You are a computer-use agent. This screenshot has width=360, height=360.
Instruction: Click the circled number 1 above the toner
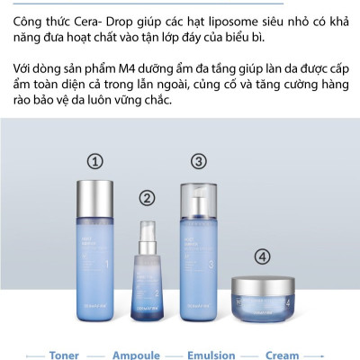[x=94, y=162]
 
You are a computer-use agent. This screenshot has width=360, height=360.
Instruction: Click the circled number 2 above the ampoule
[x=147, y=198]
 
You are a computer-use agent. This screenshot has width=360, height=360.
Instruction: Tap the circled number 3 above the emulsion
[x=199, y=162]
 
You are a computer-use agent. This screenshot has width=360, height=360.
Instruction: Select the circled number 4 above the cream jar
[x=262, y=256]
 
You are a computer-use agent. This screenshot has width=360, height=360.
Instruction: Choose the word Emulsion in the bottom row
[x=211, y=355]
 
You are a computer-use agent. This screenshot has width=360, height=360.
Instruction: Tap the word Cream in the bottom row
[x=283, y=355]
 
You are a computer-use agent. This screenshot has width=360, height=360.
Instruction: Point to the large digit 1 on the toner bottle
[x=108, y=266]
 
